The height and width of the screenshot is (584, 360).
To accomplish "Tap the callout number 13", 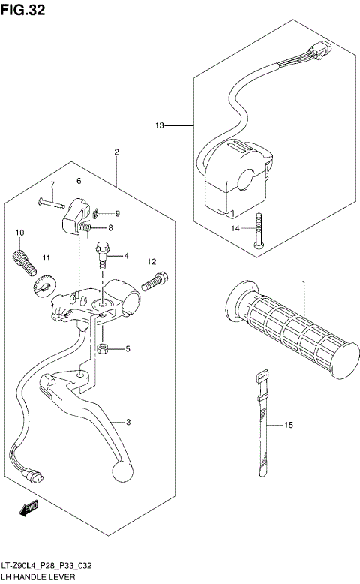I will (x=159, y=125).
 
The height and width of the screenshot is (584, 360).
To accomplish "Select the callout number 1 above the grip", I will (x=304, y=284).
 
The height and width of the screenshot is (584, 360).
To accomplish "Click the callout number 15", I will (x=288, y=426).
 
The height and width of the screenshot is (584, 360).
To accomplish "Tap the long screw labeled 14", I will (x=259, y=230).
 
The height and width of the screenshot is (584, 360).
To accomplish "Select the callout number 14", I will (x=235, y=228).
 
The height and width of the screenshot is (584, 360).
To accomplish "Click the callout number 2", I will (x=117, y=152).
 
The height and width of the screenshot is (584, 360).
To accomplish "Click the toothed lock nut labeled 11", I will (x=43, y=285).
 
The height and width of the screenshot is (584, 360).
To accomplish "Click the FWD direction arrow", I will (x=29, y=509).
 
